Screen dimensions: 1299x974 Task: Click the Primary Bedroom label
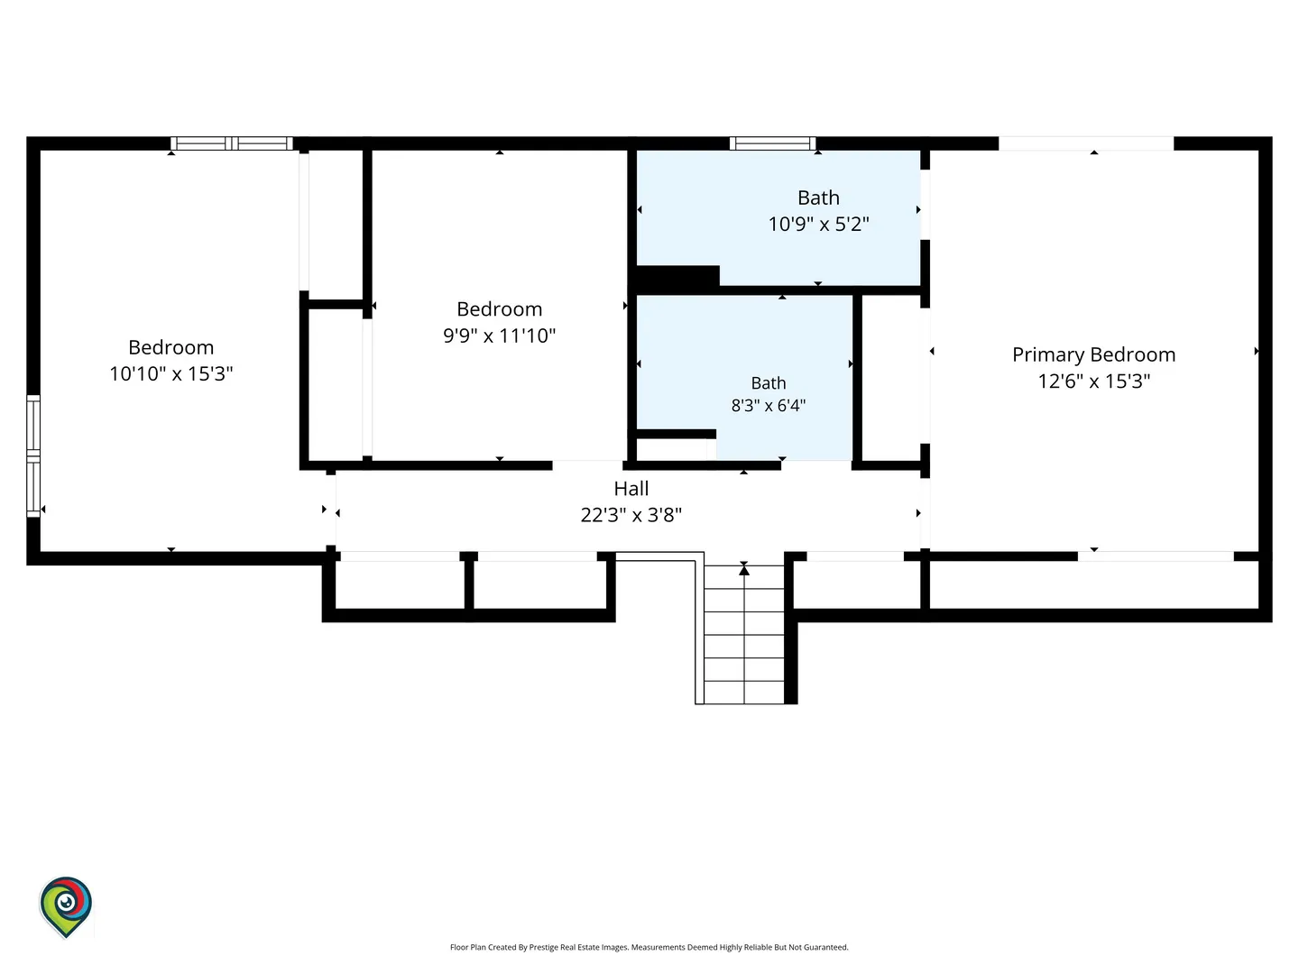pyautogui.click(x=1093, y=354)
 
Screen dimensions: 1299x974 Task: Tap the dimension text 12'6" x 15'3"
pyautogui.click(x=1093, y=381)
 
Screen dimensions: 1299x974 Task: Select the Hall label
pyautogui.click(x=631, y=489)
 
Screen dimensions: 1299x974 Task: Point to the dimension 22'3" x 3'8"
pyautogui.click(x=631, y=515)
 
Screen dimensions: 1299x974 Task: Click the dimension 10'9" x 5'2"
pyautogui.click(x=818, y=225)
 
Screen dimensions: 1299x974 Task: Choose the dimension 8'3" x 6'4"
pyautogui.click(x=769, y=406)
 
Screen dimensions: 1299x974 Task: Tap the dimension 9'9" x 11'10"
pyautogui.click(x=500, y=335)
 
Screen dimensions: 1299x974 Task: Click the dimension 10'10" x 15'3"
pyautogui.click(x=171, y=373)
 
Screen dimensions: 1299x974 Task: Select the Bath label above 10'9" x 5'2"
pyautogui.click(x=818, y=198)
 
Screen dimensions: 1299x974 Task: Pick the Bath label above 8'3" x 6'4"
pyautogui.click(x=769, y=383)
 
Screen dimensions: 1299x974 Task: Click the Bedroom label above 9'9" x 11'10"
pyautogui.click(x=500, y=309)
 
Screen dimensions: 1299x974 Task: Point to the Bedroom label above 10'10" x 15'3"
pyautogui.click(x=171, y=347)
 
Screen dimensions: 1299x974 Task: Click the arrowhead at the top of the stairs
pyautogui.click(x=744, y=569)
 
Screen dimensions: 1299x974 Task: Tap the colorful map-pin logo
pyautogui.click(x=66, y=906)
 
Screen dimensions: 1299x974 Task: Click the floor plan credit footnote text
pyautogui.click(x=649, y=947)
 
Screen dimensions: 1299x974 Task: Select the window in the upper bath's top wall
pyautogui.click(x=772, y=143)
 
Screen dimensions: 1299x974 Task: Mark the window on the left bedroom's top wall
pyautogui.click(x=232, y=143)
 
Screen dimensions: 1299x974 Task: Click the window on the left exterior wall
pyautogui.click(x=33, y=456)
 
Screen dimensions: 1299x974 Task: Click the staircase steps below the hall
pyautogui.click(x=744, y=634)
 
